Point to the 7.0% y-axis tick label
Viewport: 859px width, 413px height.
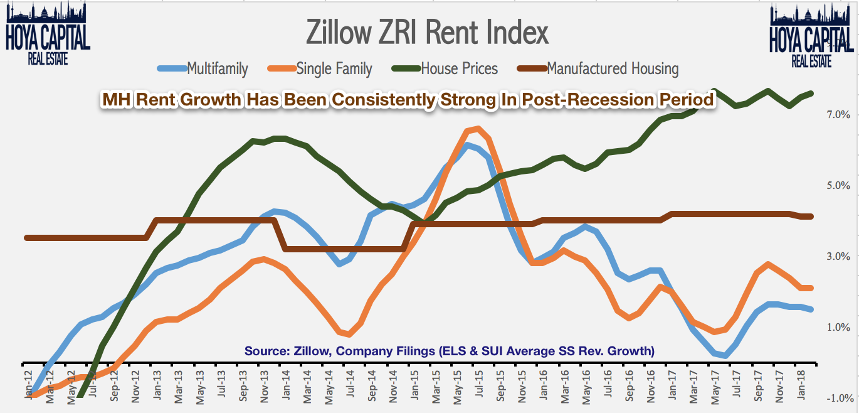(839, 115)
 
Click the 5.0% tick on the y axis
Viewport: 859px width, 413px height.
(839, 186)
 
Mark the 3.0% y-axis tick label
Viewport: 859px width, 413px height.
(839, 257)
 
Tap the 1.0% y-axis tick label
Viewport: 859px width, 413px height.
(839, 328)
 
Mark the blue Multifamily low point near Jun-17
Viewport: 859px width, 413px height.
(725, 356)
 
